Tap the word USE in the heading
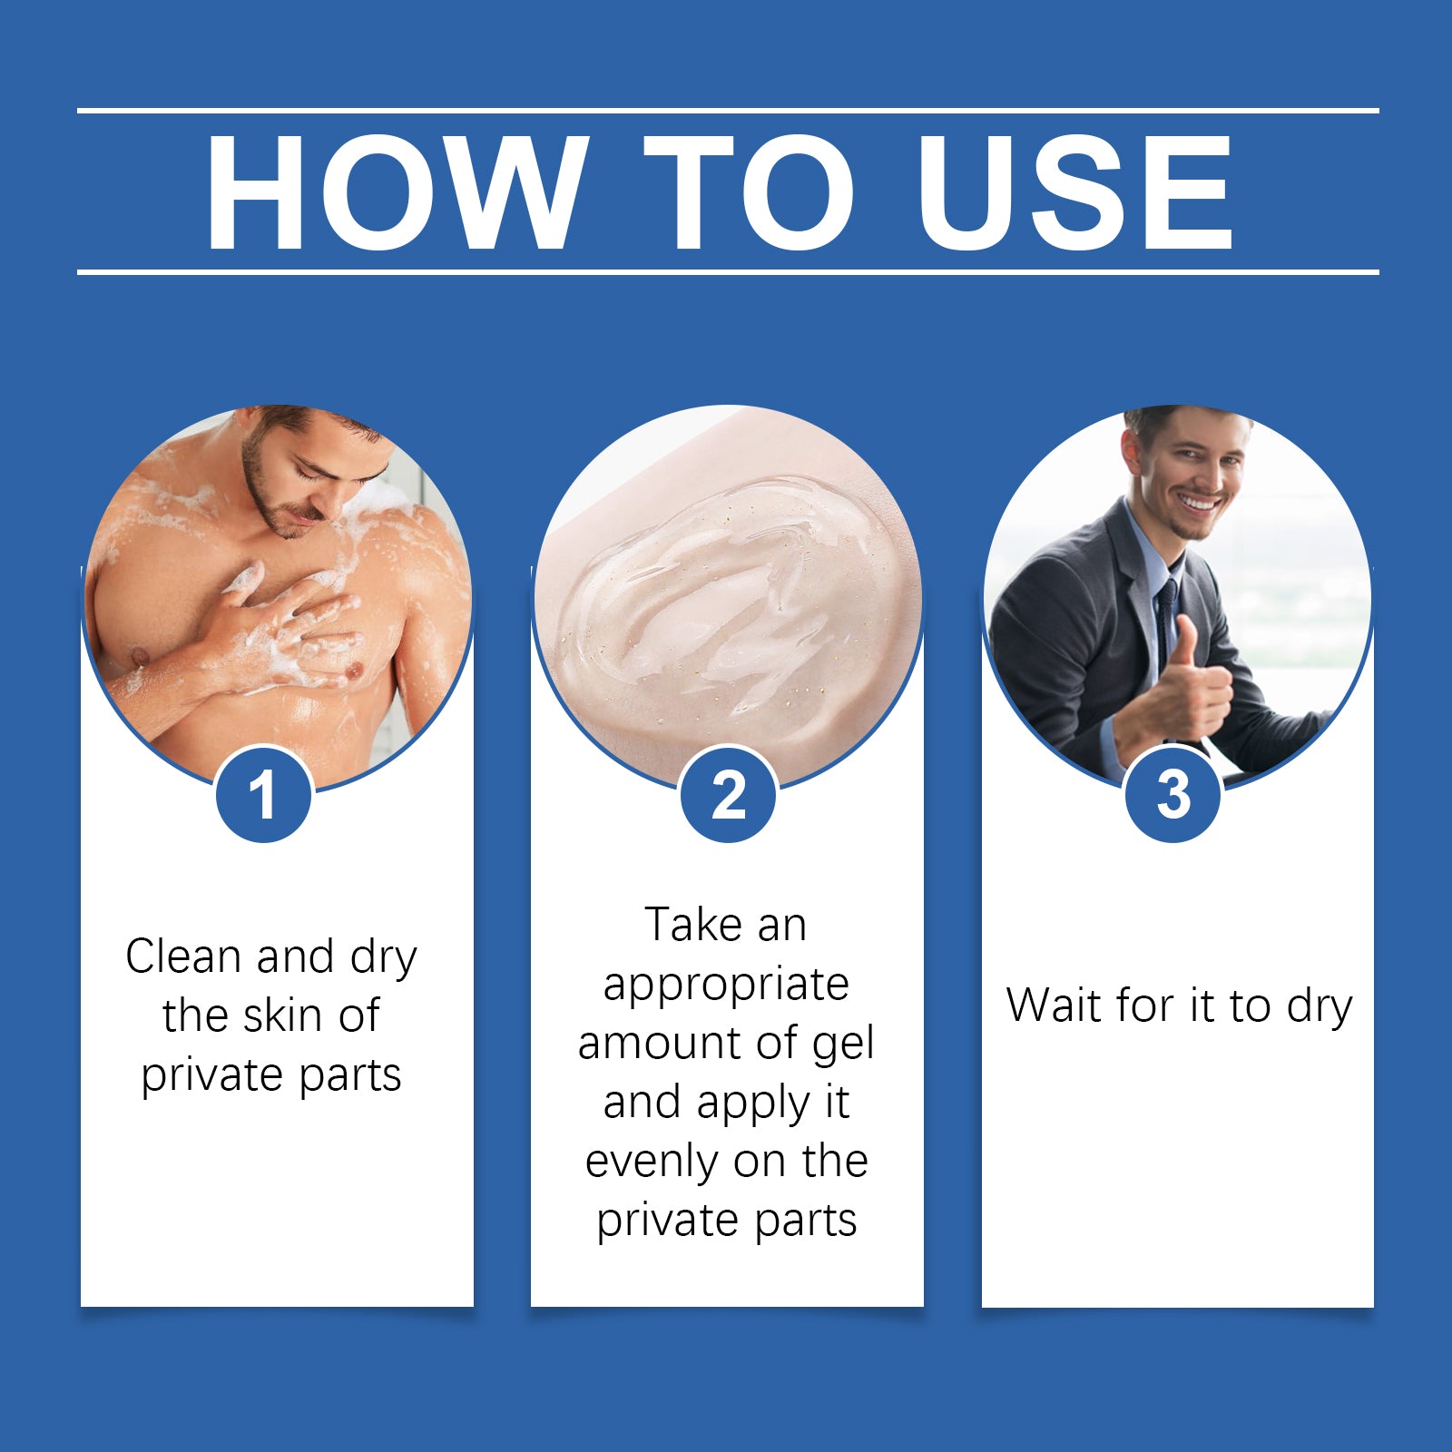pos(1076,191)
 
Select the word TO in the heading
pos(750,191)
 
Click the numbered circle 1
pos(263,794)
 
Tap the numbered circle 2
pos(728,794)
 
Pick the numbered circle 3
pos(1173,794)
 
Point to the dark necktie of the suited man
pos(1166,626)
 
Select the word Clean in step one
pos(185,957)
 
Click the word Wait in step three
pos(1055,1006)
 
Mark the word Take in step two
pos(693,926)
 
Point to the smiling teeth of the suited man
pos(1200,501)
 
